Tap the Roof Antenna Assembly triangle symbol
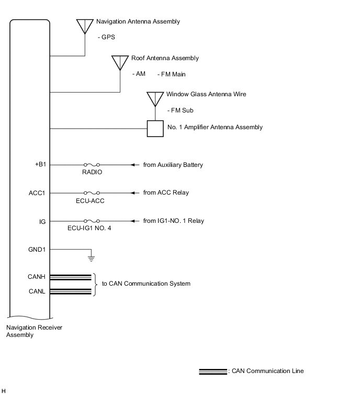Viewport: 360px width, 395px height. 120,62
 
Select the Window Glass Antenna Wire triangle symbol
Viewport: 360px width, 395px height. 155,98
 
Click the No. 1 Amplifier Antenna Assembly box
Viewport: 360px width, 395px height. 155,128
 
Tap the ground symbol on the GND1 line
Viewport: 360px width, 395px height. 91,257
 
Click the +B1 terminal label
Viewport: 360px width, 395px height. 40,165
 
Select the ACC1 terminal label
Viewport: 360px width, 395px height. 37,193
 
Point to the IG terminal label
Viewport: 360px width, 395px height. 42,221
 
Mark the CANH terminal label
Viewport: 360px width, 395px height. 36,277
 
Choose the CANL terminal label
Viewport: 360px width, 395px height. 37,291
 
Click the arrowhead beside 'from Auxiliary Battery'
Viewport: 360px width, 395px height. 134,165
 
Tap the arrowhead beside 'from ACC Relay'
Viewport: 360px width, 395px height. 134,193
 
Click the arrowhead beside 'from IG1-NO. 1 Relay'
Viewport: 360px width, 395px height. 134,221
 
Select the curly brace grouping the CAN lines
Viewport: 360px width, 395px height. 95,284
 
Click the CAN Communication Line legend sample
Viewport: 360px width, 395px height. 213,371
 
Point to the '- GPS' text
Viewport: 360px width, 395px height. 106,38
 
